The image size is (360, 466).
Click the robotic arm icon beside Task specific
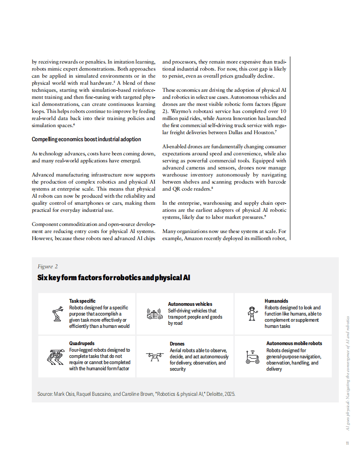pyautogui.click(x=56, y=314)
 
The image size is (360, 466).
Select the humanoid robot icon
pyautogui.click(x=252, y=313)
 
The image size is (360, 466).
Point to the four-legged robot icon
pyautogui.click(x=56, y=356)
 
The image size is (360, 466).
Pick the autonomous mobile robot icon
pyautogui.click(x=252, y=356)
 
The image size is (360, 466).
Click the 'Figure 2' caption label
pyautogui.click(x=48, y=266)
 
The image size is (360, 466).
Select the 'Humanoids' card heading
pyautogui.click(x=276, y=301)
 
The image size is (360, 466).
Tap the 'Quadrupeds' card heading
pyautogui.click(x=82, y=343)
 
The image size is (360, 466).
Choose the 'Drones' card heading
pyautogui.click(x=177, y=344)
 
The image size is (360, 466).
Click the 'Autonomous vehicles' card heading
pyautogui.click(x=190, y=304)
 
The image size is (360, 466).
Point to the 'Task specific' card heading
pyautogui.click(x=82, y=301)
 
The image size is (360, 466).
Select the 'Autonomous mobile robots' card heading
pyautogui.click(x=294, y=343)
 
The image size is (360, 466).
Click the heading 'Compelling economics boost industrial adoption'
pyautogui.click(x=86, y=139)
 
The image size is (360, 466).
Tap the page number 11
pyautogui.click(x=347, y=443)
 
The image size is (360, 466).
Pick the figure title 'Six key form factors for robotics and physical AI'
pyautogui.click(x=114, y=278)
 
